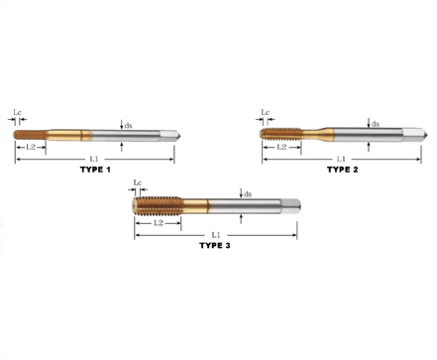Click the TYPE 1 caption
(95, 170)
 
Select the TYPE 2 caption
(343, 170)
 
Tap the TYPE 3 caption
(215, 245)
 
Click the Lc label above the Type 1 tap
(18, 112)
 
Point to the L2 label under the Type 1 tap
(31, 147)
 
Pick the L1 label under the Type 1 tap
(94, 160)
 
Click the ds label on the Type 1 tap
(128, 125)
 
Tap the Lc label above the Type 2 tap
(266, 112)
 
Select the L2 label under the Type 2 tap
(281, 147)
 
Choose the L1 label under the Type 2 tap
(341, 160)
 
